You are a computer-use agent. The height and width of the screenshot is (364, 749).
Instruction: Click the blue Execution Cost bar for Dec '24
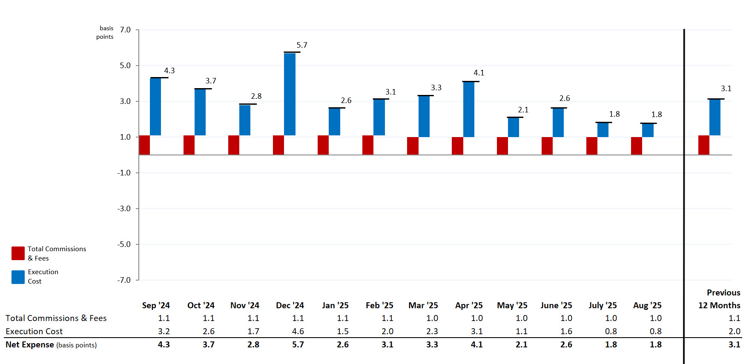coord(290,94)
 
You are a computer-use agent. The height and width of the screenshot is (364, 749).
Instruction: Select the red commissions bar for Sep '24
coord(144,145)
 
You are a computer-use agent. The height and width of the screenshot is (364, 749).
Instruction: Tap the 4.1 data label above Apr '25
coord(479,73)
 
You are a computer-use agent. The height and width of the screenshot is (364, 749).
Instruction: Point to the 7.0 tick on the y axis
coord(125,30)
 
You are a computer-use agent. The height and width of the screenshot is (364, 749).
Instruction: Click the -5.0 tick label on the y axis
coord(124,244)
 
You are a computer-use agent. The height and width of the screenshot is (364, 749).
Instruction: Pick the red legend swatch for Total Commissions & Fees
coord(18,253)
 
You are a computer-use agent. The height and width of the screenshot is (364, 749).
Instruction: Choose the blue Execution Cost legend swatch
coord(18,277)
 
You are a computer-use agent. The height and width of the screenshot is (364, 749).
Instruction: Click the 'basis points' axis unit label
coord(106,32)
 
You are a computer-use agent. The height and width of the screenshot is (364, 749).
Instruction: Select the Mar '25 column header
coord(423,305)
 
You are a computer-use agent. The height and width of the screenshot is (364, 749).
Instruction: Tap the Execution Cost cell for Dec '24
coord(298,331)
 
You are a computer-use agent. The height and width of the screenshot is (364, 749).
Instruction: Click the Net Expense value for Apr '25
coord(476,344)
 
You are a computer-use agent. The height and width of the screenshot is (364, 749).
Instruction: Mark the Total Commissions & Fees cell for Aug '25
coord(655,318)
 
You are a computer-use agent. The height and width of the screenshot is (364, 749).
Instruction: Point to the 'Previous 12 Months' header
coord(719,299)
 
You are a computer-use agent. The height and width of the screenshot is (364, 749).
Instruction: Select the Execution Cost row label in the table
coord(34,331)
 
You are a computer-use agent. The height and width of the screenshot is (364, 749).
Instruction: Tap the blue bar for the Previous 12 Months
coord(715,118)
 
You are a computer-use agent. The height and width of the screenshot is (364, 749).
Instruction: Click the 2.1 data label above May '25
coord(523,110)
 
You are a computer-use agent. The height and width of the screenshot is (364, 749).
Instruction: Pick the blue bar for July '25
coord(603,130)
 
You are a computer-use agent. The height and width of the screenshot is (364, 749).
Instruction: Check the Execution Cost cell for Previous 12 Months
coord(734,331)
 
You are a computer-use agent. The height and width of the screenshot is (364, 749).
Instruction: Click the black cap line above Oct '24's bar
coord(203,89)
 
